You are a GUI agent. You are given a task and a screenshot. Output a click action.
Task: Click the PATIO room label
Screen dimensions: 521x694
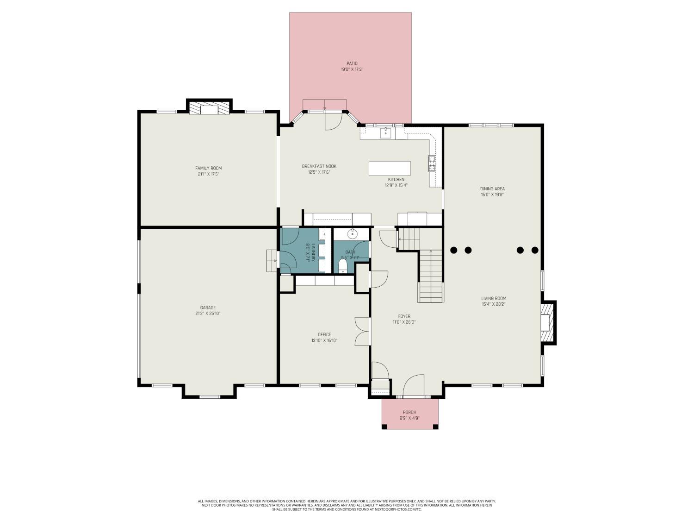point(352,63)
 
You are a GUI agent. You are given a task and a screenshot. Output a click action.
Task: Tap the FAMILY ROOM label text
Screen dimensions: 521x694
point(208,168)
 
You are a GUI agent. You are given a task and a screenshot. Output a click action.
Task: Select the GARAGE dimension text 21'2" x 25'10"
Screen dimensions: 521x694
point(208,314)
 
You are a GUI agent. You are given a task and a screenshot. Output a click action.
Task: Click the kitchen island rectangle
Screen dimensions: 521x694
point(389,168)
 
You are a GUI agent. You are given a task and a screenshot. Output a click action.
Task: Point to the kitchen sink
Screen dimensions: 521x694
point(385,133)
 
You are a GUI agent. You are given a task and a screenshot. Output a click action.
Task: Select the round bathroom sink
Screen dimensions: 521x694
point(353,234)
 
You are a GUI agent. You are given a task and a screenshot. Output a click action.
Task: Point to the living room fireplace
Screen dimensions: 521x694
point(547,322)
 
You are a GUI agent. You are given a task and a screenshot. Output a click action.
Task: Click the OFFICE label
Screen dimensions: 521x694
point(324,334)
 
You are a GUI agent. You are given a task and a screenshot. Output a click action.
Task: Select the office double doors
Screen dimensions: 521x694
point(362,331)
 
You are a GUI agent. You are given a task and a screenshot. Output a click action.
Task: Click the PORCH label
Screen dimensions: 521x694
point(409,412)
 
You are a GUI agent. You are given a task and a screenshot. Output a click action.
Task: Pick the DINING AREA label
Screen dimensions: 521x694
point(492,188)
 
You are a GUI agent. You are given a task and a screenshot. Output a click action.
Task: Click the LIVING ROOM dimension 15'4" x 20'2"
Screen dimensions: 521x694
point(494,304)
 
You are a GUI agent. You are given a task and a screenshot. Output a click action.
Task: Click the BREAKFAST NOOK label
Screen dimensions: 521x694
point(319,166)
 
